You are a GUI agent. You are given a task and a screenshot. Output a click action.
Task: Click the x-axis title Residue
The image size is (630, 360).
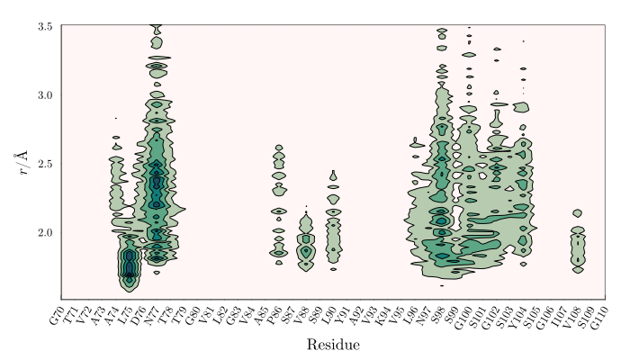[x=334, y=345]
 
